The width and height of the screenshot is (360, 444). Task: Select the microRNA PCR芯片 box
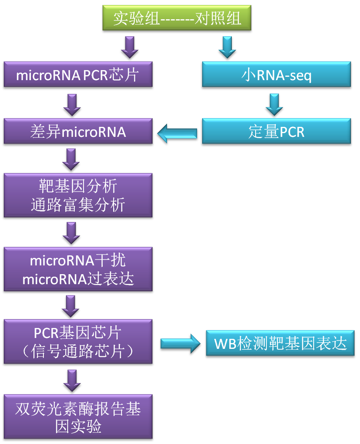(78, 75)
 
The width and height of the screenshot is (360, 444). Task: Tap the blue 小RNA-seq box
(276, 76)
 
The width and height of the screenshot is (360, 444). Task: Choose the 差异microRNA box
(78, 132)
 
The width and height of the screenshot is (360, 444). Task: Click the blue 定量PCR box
(276, 132)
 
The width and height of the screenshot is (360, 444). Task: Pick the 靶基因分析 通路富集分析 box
(78, 195)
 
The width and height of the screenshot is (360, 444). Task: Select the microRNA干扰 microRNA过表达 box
(78, 270)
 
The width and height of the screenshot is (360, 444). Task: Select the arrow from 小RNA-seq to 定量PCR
(274, 104)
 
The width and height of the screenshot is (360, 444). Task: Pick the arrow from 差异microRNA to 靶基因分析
(71, 160)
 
